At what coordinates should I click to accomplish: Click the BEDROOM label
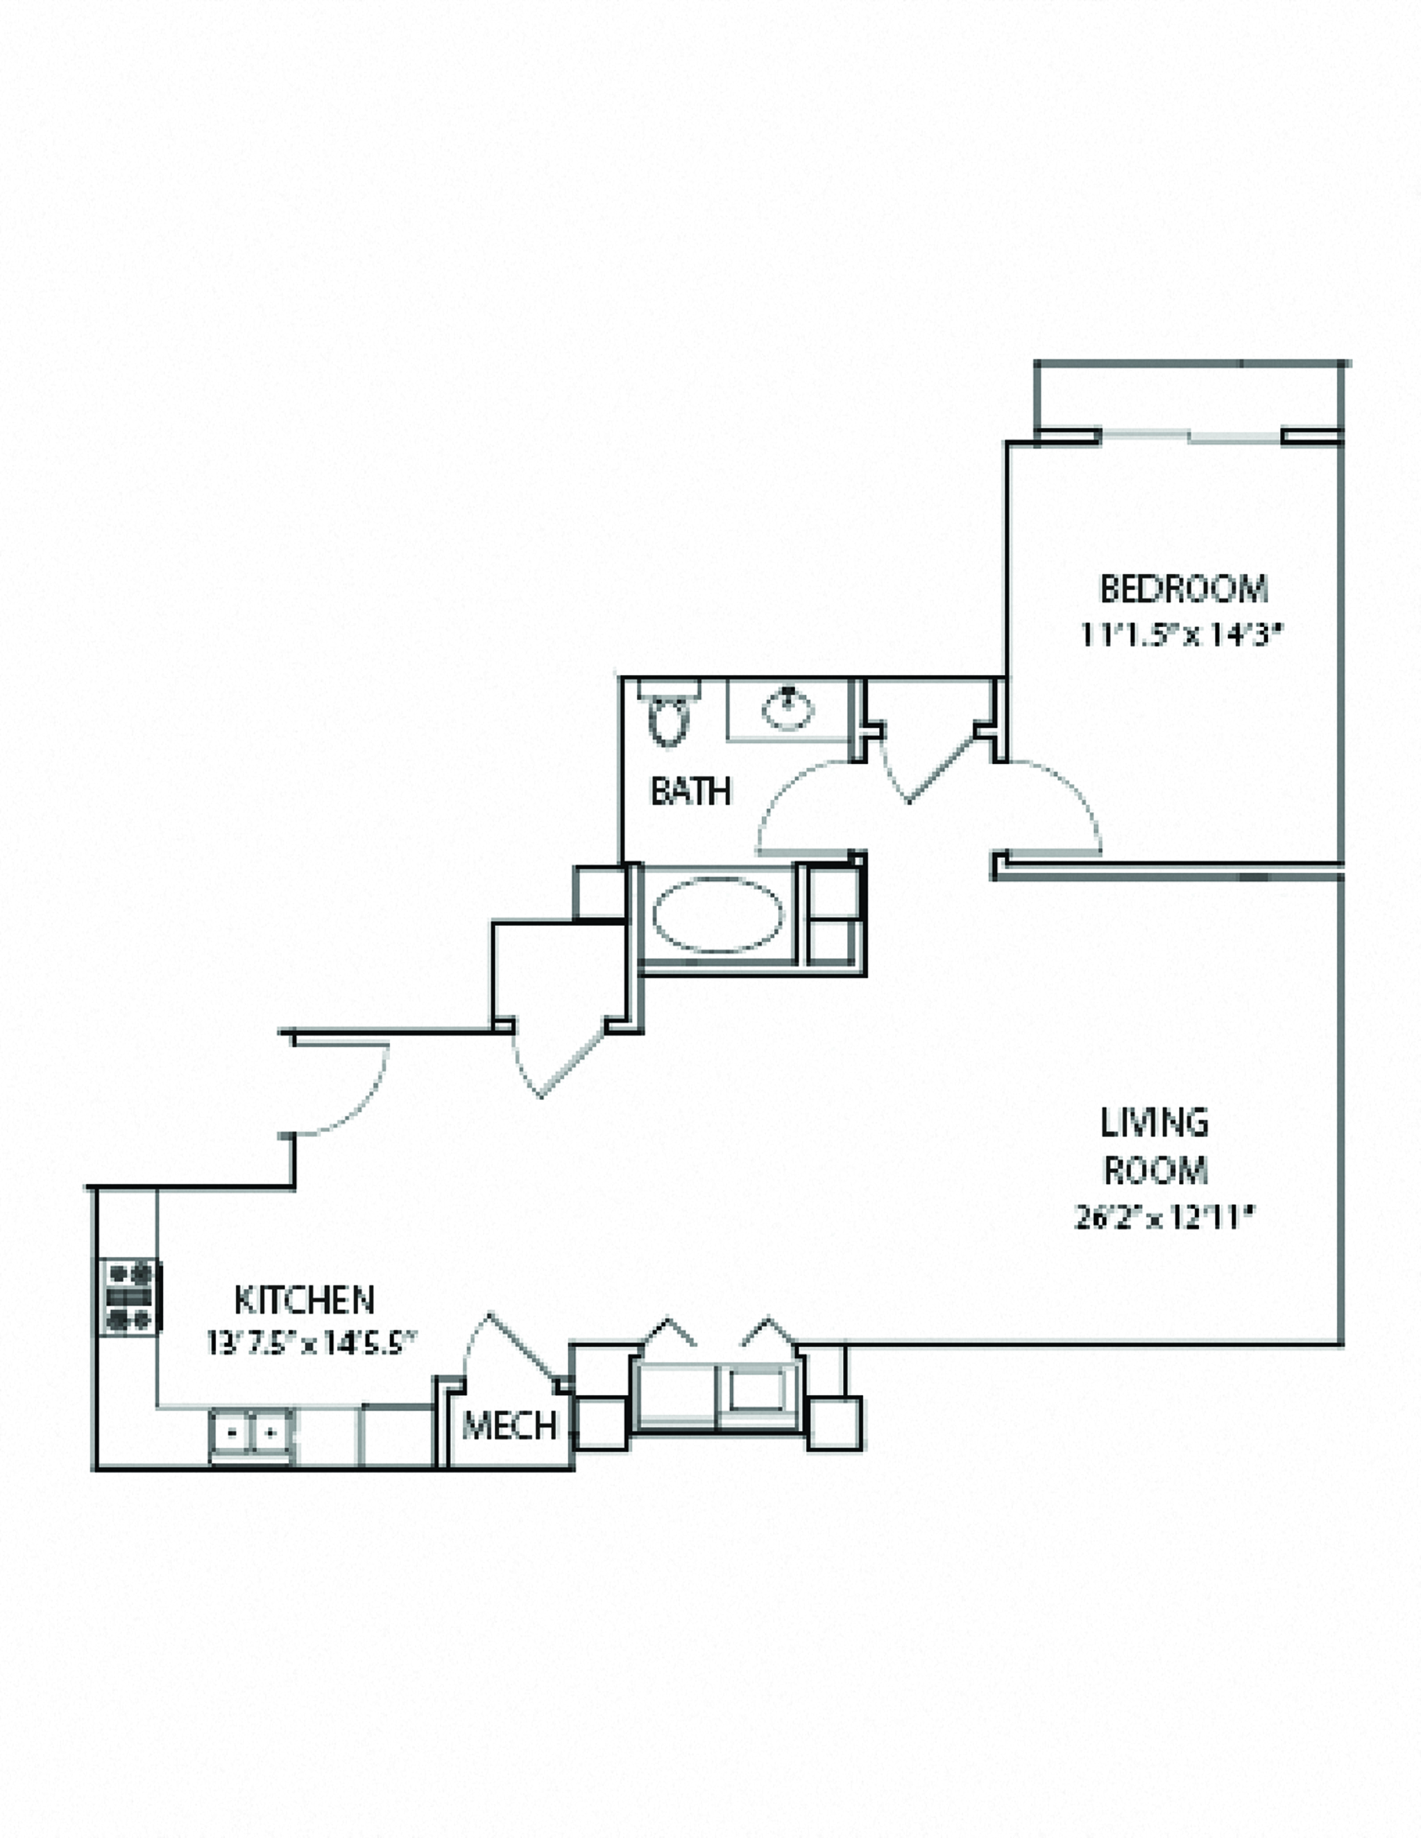(x=1182, y=589)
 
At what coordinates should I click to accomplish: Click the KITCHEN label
(x=304, y=1299)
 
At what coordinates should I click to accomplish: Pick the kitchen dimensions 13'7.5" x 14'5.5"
(x=312, y=1343)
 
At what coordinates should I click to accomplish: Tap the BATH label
(x=690, y=791)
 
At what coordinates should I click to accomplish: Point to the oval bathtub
(x=718, y=915)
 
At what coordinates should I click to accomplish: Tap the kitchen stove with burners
(x=130, y=1296)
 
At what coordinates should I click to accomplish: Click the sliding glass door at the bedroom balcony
(x=1190, y=437)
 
